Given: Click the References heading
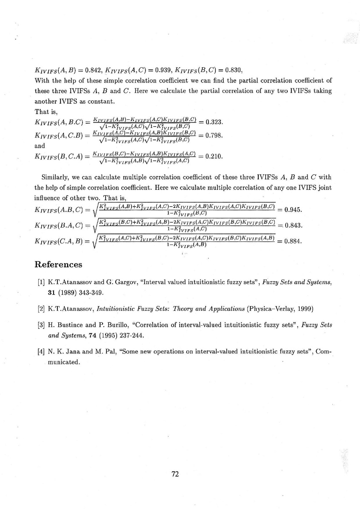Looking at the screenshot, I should click(x=58, y=264).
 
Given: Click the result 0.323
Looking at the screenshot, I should click(x=214, y=122).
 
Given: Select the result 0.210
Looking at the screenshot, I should click(x=214, y=156).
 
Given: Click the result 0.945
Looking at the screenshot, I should click(x=292, y=210).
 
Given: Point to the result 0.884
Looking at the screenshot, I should click(x=292, y=242).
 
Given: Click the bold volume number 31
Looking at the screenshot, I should click(x=53, y=292).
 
